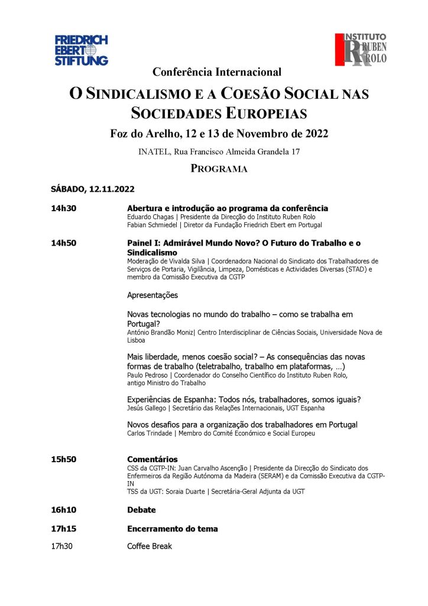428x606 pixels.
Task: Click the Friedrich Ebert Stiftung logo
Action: point(82,50)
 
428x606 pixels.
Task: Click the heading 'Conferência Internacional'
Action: point(217,72)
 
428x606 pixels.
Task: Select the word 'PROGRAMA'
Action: point(218,169)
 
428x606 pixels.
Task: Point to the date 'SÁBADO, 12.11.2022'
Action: point(93,189)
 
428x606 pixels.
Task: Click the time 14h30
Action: point(64,209)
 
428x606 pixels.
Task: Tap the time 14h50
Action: point(64,243)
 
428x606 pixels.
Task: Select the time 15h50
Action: point(64,459)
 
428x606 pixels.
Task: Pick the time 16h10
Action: point(64,510)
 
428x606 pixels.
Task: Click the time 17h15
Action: point(64,528)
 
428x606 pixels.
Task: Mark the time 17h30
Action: point(62,546)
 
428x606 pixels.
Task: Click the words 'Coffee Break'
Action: point(150,546)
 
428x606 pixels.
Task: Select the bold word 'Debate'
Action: point(141,510)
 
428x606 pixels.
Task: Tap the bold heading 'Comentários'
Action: point(152,459)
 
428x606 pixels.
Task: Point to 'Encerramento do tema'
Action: point(173,528)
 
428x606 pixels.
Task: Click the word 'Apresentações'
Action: point(153,295)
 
